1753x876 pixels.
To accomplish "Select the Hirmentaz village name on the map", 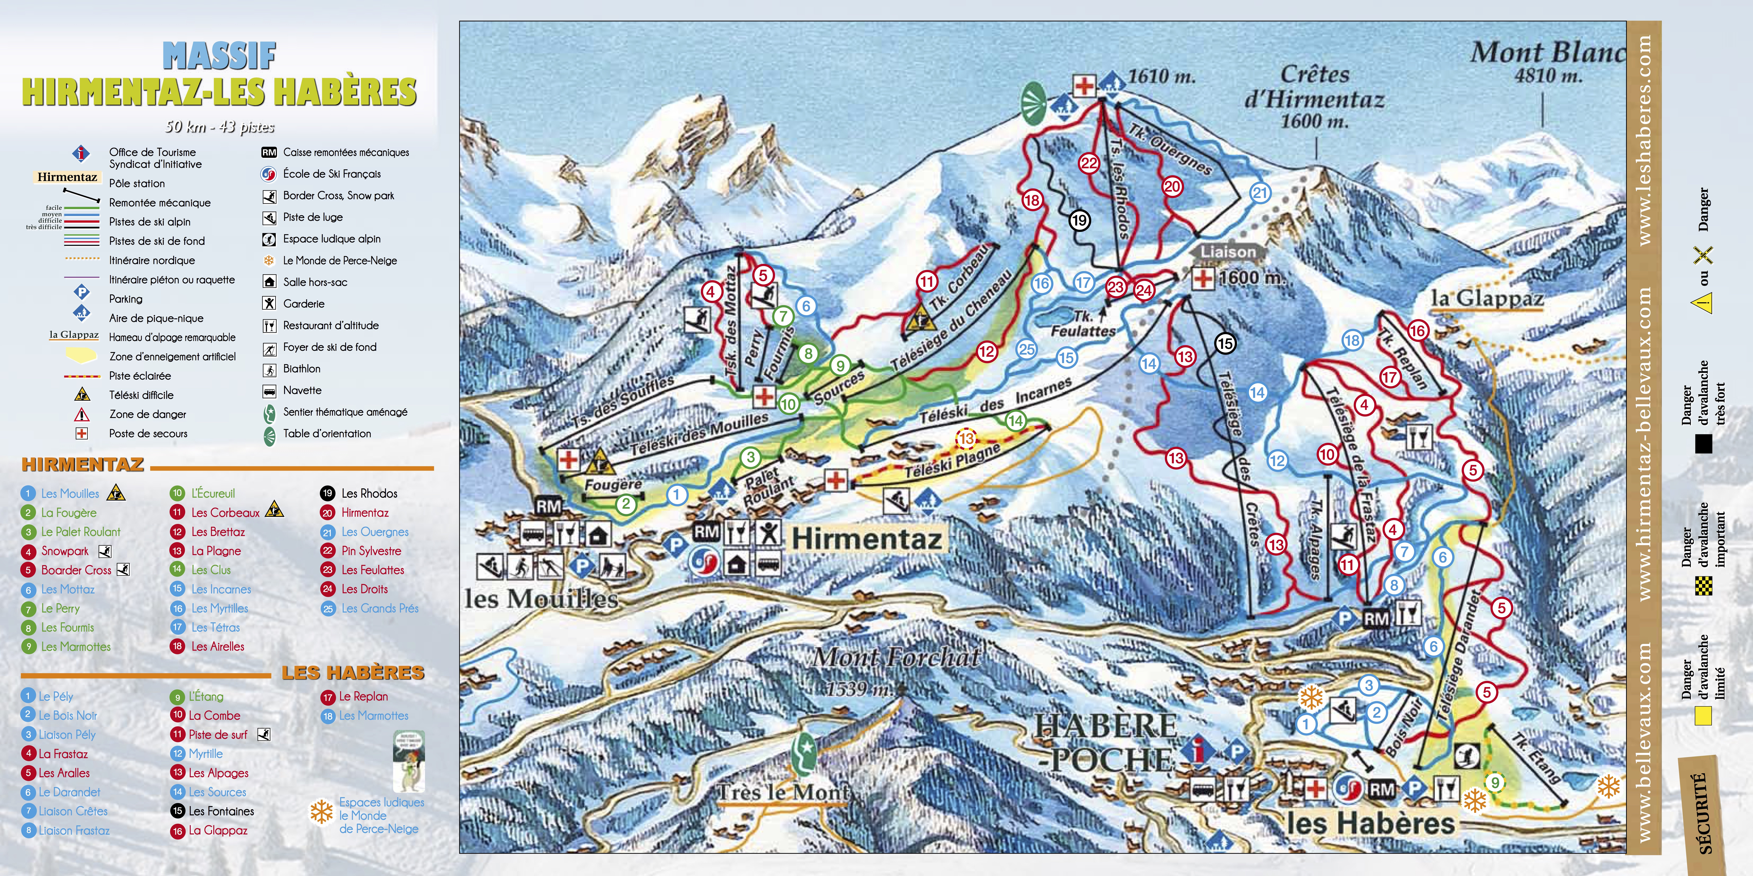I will click(x=866, y=539).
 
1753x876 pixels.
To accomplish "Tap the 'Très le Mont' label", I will click(x=783, y=792).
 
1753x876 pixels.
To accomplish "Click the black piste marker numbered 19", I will click(x=1079, y=220).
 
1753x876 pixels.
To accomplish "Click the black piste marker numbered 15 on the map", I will click(x=1225, y=343).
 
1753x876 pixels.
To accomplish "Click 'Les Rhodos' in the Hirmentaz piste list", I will click(x=369, y=493).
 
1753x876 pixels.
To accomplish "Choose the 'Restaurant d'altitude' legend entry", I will click(x=331, y=325).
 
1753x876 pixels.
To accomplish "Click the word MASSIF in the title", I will click(x=219, y=56).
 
